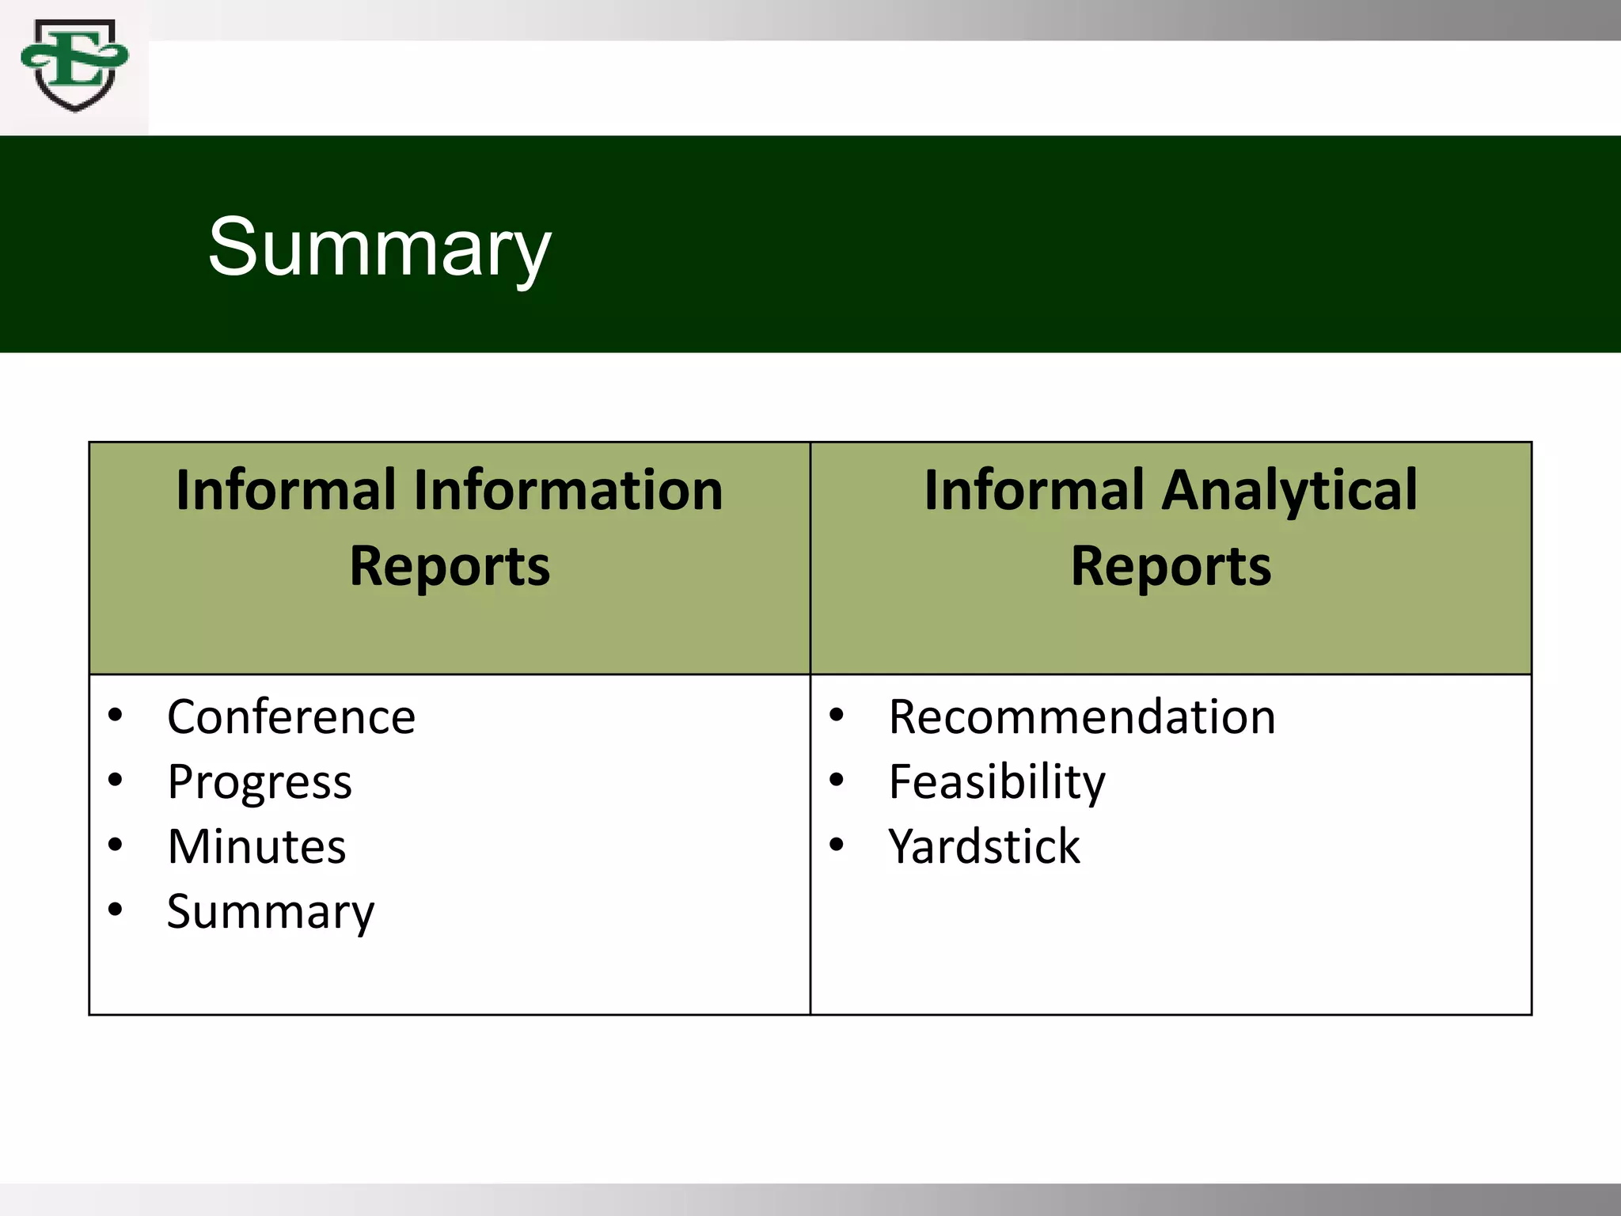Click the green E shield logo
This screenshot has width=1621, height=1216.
74,65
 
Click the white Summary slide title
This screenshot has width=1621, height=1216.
379,247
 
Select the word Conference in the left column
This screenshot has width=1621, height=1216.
291,717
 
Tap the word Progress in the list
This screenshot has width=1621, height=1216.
260,783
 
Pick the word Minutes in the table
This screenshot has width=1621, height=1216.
256,846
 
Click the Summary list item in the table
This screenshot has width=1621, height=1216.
271,912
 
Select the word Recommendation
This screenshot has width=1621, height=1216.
1082,717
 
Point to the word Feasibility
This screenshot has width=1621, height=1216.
997,783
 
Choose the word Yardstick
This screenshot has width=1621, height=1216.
984,846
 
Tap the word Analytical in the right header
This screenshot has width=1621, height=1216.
1289,492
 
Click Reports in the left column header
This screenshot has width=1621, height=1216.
450,567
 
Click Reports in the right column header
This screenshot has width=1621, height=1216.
1171,567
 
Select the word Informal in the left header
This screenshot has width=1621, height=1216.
286,490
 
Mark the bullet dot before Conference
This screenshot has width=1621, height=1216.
116,716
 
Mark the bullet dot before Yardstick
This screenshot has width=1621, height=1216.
837,845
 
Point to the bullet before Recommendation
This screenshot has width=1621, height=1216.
837,716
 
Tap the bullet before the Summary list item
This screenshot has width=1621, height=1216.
116,910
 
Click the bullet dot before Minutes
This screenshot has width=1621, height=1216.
116,845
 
